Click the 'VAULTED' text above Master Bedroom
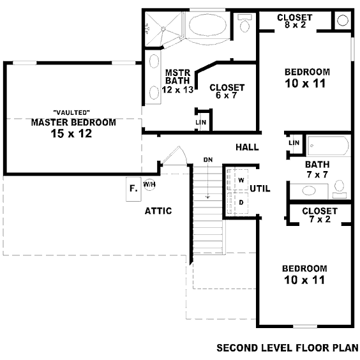pyautogui.click(x=71, y=112)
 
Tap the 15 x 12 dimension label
pyautogui.click(x=71, y=133)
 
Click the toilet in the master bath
pyautogui.click(x=244, y=23)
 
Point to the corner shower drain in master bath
pyautogui.click(x=163, y=29)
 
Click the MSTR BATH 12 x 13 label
pyautogui.click(x=177, y=81)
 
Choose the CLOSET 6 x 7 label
pyautogui.click(x=227, y=91)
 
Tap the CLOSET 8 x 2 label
pyautogui.click(x=295, y=21)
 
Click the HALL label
pyautogui.click(x=247, y=147)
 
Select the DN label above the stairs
pyautogui.click(x=208, y=160)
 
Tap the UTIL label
pyautogui.click(x=260, y=189)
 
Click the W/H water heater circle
pyautogui.click(x=149, y=184)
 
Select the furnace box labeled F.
pyautogui.click(x=133, y=189)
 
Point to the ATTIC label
pyautogui.click(x=158, y=211)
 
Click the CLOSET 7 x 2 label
pyautogui.click(x=320, y=215)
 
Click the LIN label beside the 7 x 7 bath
pyautogui.click(x=294, y=143)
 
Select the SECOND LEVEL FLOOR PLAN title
pyautogui.click(x=287, y=348)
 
